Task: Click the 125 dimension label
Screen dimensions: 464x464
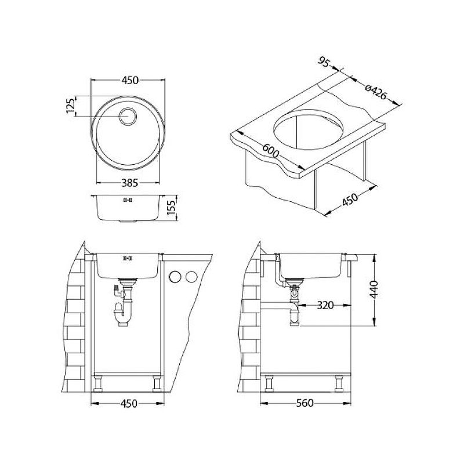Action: tap(70, 106)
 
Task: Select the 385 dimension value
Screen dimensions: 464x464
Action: tap(130, 183)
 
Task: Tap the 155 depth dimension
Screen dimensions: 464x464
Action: tap(171, 207)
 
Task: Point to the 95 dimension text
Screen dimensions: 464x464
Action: tap(324, 62)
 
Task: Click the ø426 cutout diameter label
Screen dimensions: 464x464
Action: tap(375, 92)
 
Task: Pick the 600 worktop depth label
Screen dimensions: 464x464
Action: tap(270, 151)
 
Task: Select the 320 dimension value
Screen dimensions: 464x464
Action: tap(325, 305)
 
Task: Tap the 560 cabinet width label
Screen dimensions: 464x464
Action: tap(305, 403)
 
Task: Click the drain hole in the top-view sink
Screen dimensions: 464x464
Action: tap(128, 116)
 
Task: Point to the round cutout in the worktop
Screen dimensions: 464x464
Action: tap(308, 130)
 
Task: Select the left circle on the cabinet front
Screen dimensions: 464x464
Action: tap(175, 277)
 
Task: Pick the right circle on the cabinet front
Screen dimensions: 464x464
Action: tap(191, 277)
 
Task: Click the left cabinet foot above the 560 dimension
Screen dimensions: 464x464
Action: tap(269, 383)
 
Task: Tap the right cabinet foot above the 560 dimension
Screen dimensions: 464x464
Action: tap(339, 383)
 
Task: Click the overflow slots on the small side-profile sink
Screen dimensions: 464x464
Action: tap(128, 200)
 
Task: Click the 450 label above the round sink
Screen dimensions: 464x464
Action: tap(130, 80)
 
